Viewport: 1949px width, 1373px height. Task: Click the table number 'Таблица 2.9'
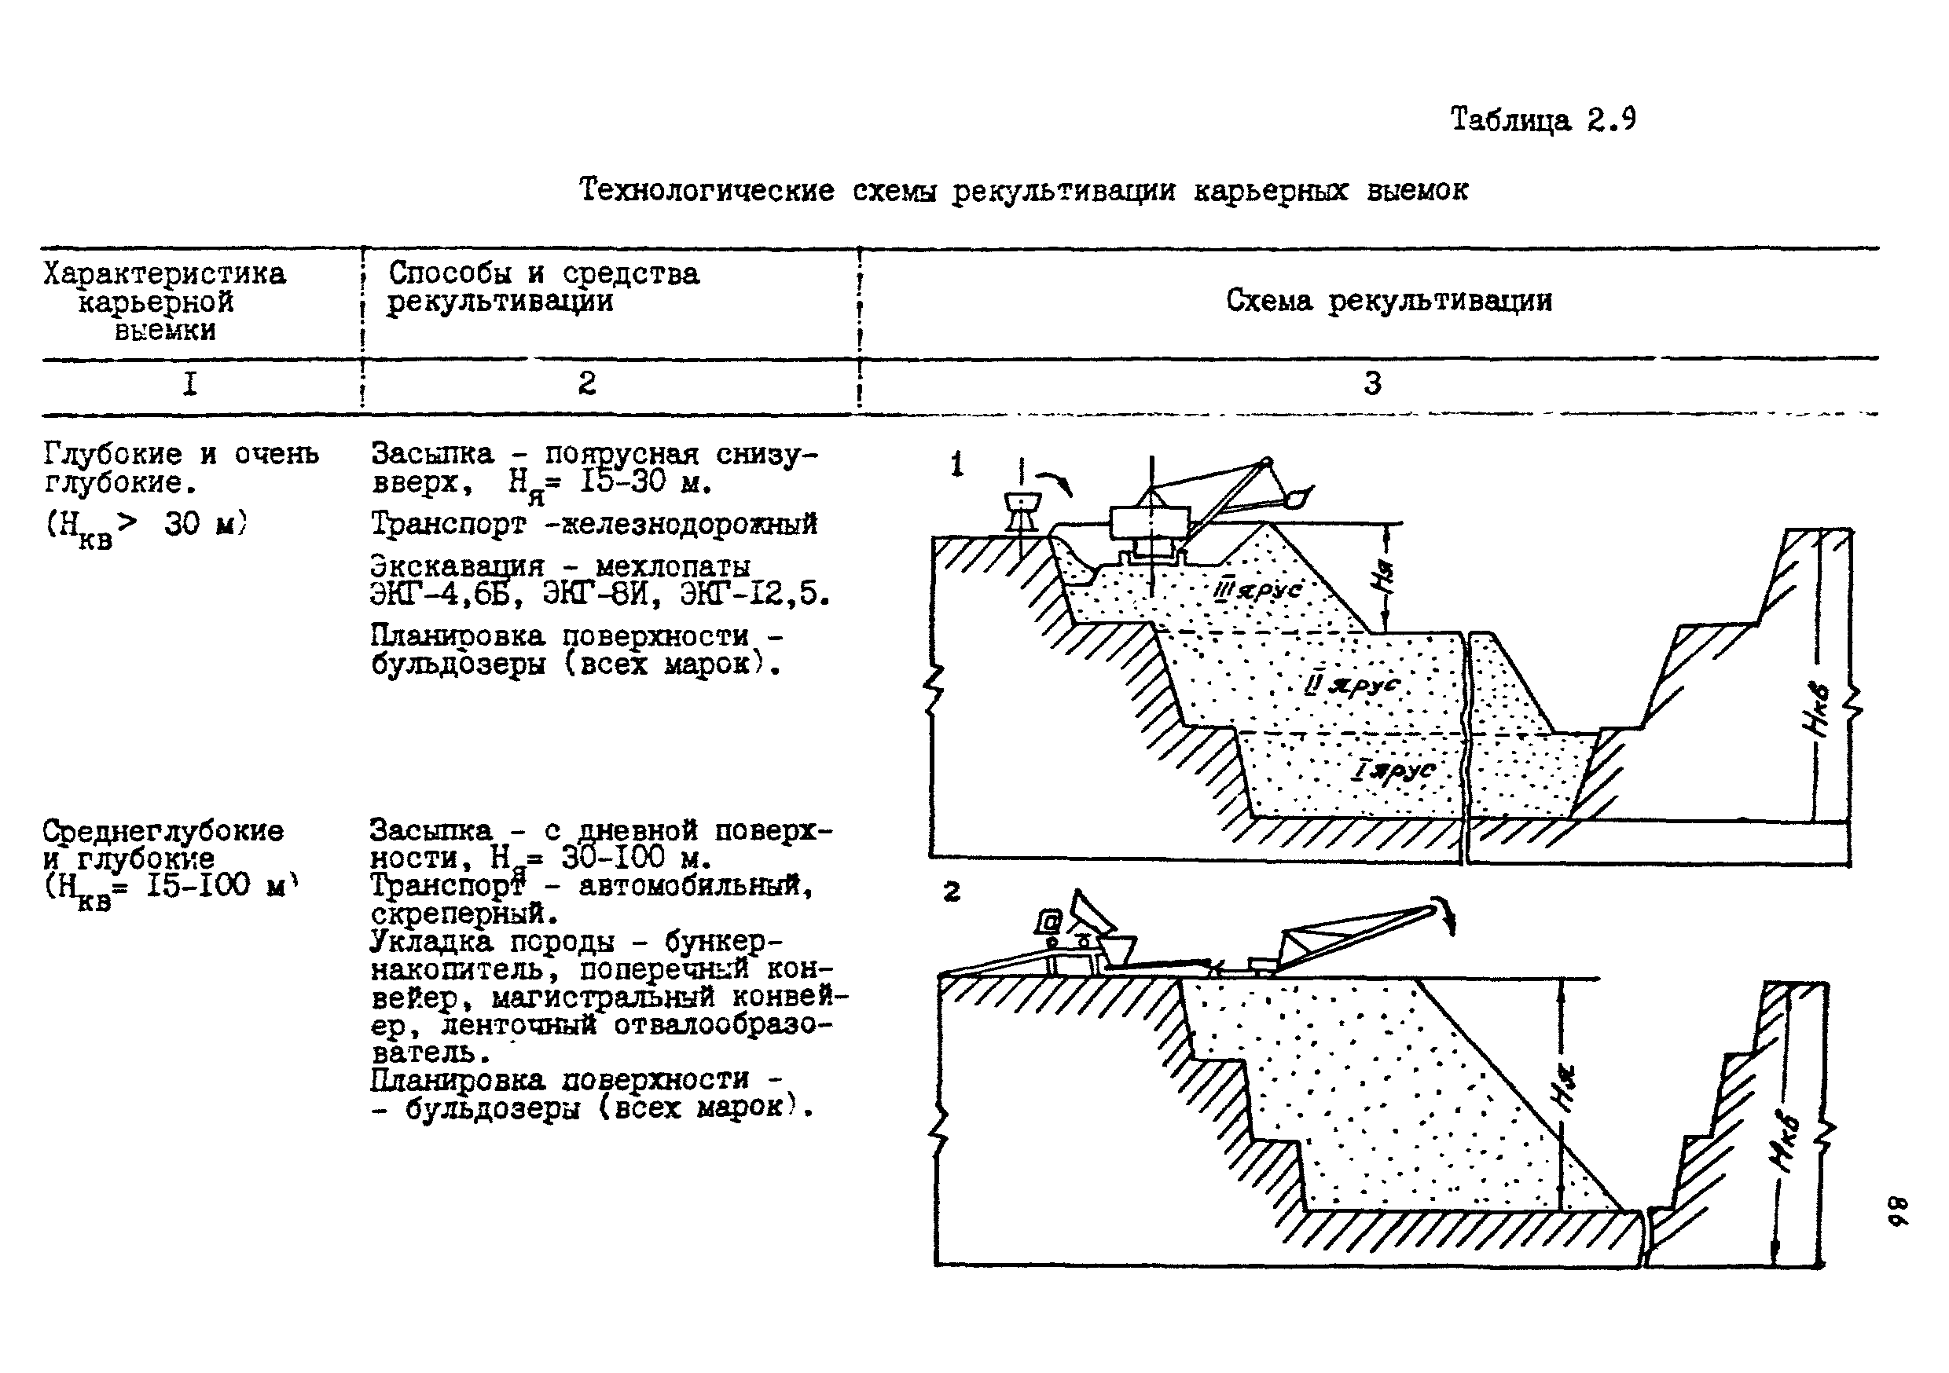coord(1543,119)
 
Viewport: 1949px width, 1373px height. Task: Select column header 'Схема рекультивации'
coord(1389,300)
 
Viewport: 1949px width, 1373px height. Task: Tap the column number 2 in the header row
coord(586,383)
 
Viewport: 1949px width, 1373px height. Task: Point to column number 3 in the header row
coord(1373,383)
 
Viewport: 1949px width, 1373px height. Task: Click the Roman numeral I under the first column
coord(190,384)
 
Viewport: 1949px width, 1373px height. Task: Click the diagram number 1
coord(956,465)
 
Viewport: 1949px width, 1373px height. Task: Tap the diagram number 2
coord(952,892)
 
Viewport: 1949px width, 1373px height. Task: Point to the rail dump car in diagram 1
coord(1022,509)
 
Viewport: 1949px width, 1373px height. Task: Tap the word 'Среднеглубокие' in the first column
coord(163,830)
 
